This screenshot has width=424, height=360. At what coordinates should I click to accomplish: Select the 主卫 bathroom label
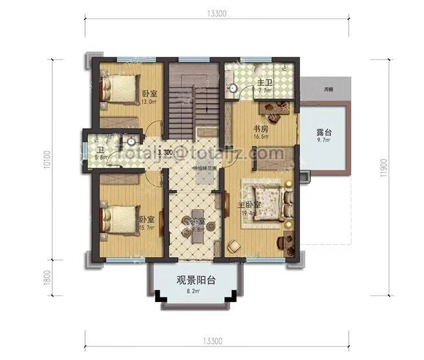[x=264, y=83]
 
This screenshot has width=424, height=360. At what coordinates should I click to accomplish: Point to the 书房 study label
[x=261, y=129]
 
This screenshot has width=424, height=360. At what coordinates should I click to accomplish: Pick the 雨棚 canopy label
[x=328, y=90]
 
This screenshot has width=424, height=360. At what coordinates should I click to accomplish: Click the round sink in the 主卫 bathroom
[x=234, y=88]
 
